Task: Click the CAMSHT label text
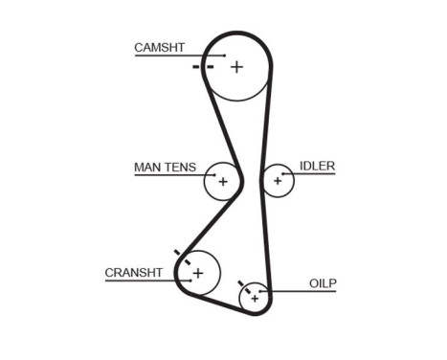(160, 47)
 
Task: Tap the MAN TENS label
(165, 168)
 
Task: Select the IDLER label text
(317, 166)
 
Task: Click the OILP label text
(323, 283)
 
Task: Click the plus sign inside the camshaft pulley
(236, 67)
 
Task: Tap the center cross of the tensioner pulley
(223, 181)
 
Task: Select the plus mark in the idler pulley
(279, 179)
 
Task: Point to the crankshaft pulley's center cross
(198, 274)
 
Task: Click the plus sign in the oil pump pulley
(255, 299)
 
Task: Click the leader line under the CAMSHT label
(177, 56)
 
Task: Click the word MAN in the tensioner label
(146, 168)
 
